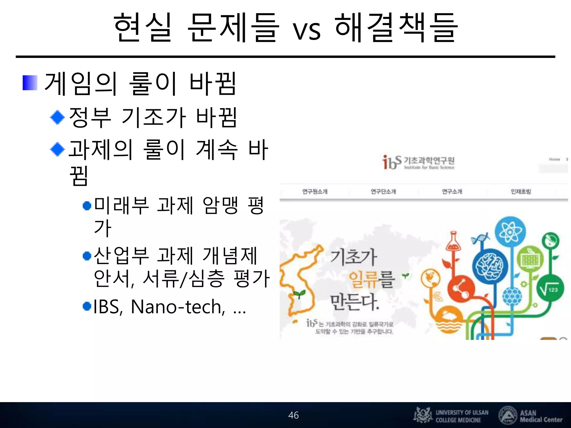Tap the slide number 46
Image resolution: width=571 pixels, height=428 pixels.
[x=293, y=415]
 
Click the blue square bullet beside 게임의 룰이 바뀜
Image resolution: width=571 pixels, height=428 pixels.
[x=30, y=83]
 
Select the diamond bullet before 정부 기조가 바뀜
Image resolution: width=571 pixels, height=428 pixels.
[x=57, y=117]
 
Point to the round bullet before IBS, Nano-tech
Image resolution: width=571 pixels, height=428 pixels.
[x=87, y=306]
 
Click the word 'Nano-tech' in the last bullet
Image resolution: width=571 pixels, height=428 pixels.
[x=178, y=307]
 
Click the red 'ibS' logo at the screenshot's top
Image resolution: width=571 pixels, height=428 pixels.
[x=391, y=162]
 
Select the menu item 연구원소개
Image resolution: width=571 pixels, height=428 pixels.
[x=315, y=191]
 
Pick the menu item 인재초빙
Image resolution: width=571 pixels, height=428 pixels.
[x=521, y=191]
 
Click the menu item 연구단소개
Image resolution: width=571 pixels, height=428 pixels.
[x=383, y=191]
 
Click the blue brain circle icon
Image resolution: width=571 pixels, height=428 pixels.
[x=490, y=266]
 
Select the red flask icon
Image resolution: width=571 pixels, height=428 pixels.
[x=453, y=241]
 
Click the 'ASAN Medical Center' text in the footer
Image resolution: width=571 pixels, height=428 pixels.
[x=541, y=416]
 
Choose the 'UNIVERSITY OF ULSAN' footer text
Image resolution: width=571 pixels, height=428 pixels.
[x=462, y=413]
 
